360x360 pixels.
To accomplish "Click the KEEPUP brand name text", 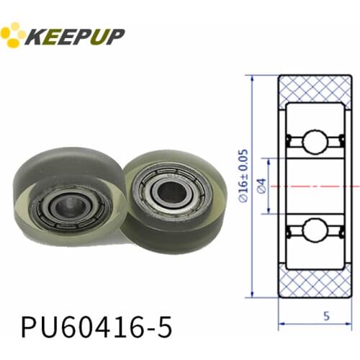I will (x=75, y=35).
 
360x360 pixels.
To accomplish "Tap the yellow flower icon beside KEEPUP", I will (x=13, y=35).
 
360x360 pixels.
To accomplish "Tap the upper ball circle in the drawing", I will (x=315, y=141).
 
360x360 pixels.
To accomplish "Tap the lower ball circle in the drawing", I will (x=315, y=230).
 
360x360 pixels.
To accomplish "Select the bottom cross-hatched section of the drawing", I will (x=315, y=282).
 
